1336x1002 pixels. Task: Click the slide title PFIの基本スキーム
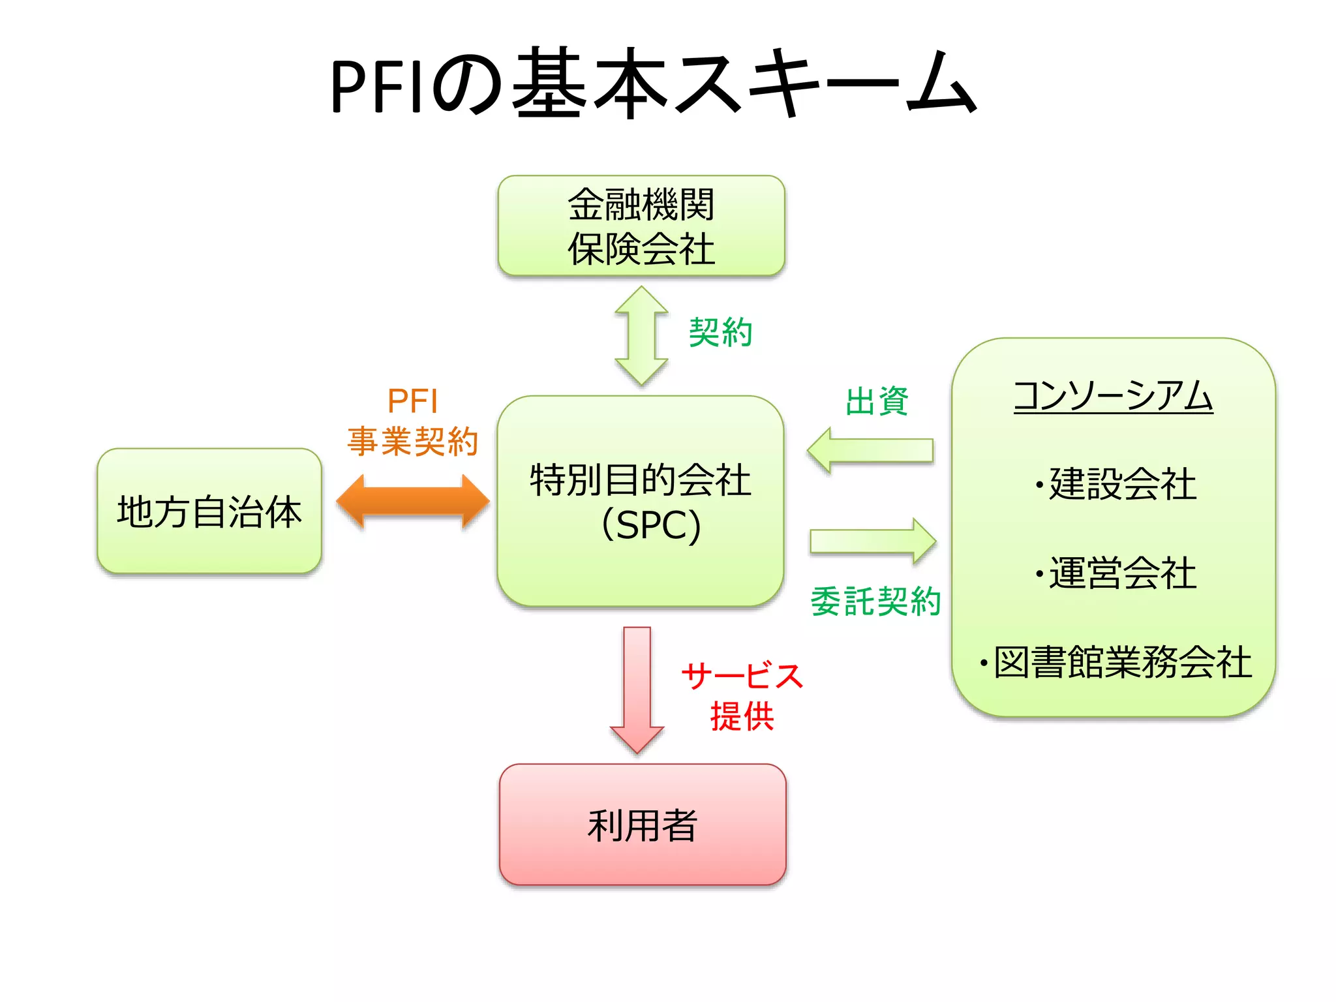pyautogui.click(x=652, y=85)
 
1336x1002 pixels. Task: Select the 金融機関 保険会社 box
pyautogui.click(x=641, y=226)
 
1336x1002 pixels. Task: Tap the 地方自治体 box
pyautogui.click(x=209, y=511)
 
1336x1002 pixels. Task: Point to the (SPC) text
pyautogui.click(x=650, y=525)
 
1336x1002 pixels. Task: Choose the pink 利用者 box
pyautogui.click(x=643, y=825)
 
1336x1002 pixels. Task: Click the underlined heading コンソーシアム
pyautogui.click(x=1113, y=396)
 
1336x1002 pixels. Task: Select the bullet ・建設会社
pyautogui.click(x=1116, y=484)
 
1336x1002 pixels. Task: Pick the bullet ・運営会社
pyautogui.click(x=1116, y=573)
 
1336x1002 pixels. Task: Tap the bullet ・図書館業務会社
pyautogui.click(x=1116, y=662)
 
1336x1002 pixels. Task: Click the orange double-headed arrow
pyautogui.click(x=412, y=502)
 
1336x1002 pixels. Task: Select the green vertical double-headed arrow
pyautogui.click(x=642, y=336)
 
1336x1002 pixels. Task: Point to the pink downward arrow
pyautogui.click(x=637, y=688)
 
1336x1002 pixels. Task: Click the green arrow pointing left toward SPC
pyautogui.click(x=870, y=450)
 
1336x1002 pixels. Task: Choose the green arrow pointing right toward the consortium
pyautogui.click(x=873, y=541)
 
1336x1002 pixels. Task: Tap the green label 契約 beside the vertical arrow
pyautogui.click(x=721, y=333)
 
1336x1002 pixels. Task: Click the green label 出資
pyautogui.click(x=877, y=401)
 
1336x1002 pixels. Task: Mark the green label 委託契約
pyautogui.click(x=875, y=601)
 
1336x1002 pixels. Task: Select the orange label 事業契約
pyautogui.click(x=413, y=442)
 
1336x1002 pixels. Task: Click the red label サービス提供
pyautogui.click(x=742, y=695)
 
